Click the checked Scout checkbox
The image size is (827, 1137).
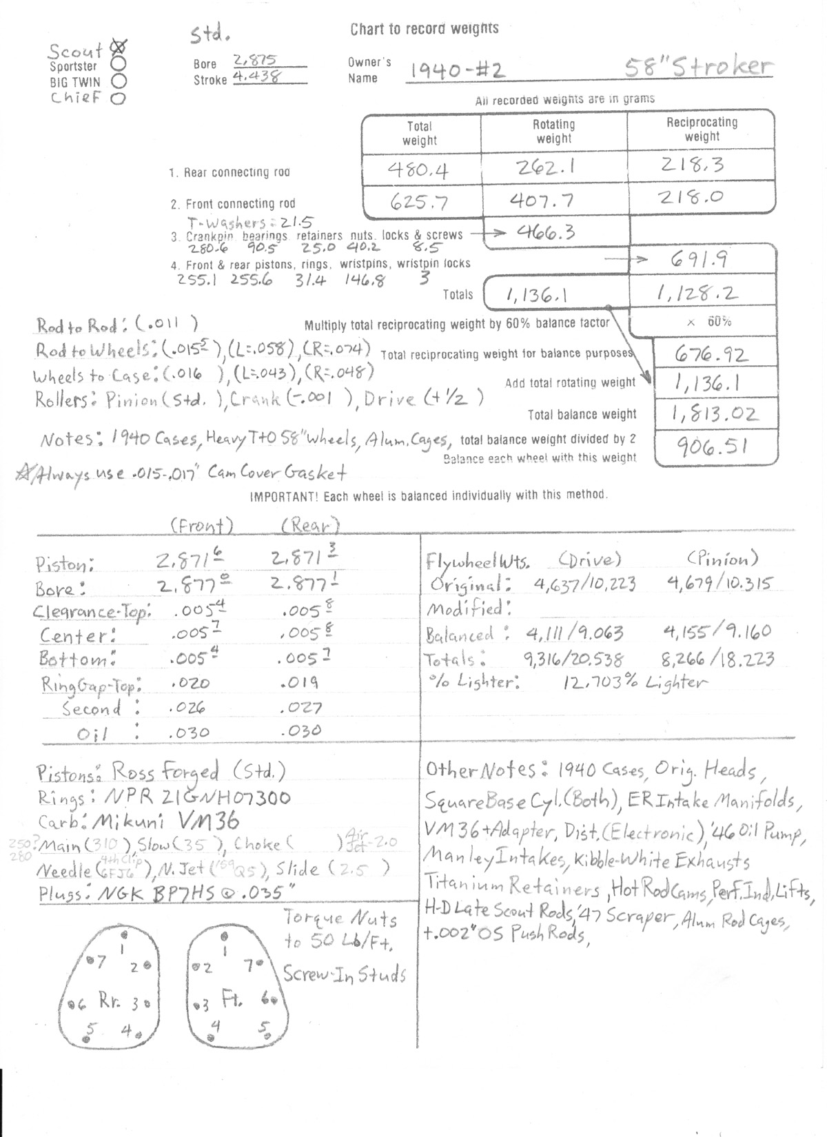(x=119, y=48)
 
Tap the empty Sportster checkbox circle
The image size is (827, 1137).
(x=119, y=64)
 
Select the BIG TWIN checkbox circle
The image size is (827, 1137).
(x=118, y=81)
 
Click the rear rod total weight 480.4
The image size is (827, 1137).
(x=419, y=170)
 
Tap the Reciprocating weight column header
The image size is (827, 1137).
(x=702, y=130)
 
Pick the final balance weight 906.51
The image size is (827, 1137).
(x=714, y=449)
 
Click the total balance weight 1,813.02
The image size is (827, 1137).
(x=715, y=413)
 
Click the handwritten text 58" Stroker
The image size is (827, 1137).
(x=697, y=68)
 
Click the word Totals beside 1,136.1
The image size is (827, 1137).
(x=458, y=295)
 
